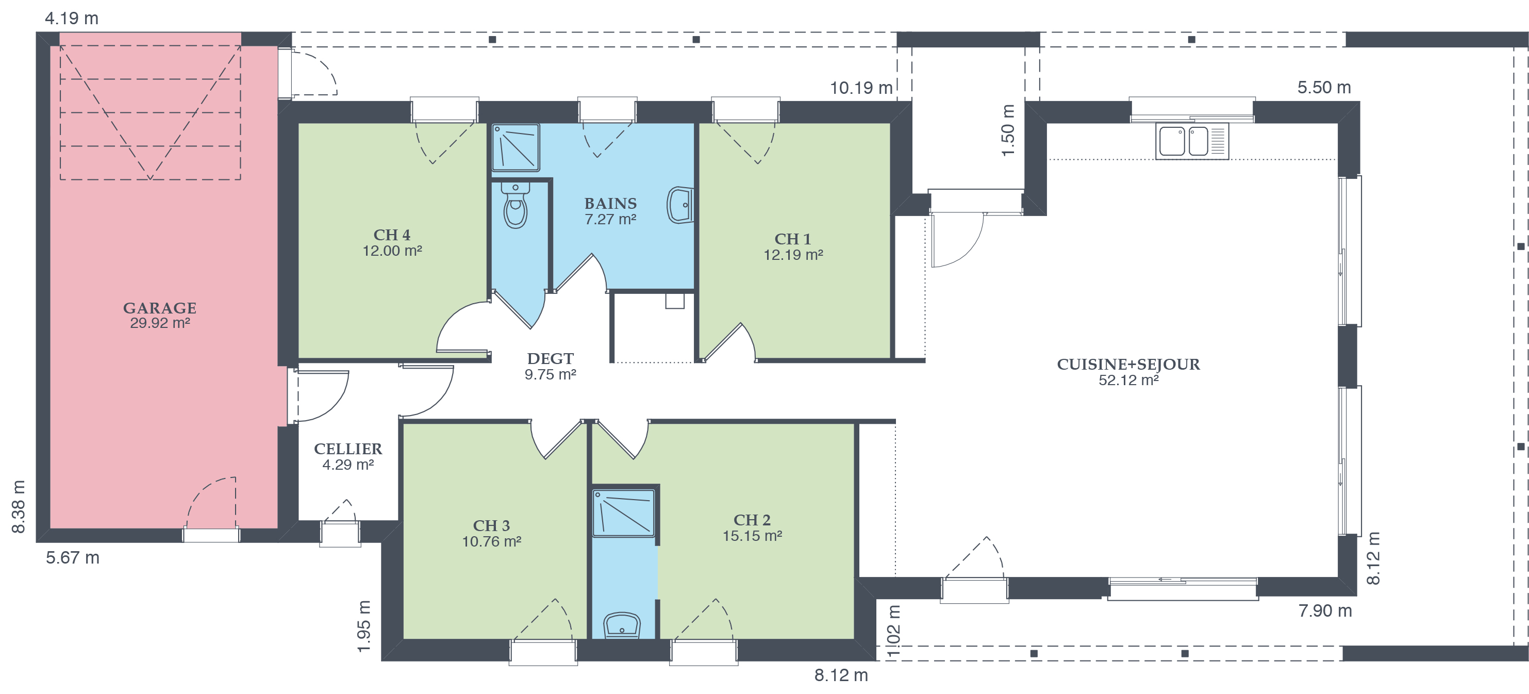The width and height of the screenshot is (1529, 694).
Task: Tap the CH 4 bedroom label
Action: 392,243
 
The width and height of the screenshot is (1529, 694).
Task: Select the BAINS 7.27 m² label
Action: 610,211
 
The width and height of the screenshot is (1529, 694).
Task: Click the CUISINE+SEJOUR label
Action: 1128,372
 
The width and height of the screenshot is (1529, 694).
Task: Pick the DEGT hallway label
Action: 550,366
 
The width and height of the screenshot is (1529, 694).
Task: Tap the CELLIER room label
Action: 348,456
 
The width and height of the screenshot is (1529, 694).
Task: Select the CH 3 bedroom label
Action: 491,533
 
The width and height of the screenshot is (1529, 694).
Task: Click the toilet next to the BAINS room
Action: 515,205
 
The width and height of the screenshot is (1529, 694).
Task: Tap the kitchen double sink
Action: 1192,141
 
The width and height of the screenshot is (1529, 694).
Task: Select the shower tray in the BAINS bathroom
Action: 516,148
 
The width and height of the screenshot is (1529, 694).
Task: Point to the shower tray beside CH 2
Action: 624,513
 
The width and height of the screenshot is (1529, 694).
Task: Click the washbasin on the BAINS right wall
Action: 680,205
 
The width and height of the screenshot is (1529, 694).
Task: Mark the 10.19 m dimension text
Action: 861,88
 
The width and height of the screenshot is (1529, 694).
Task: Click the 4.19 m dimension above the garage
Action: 72,19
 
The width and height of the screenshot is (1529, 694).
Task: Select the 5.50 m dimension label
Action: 1324,87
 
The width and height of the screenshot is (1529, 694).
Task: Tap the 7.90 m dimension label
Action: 1325,611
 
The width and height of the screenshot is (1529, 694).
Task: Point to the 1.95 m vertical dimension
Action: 364,626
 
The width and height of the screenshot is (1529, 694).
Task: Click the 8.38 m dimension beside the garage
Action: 19,506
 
